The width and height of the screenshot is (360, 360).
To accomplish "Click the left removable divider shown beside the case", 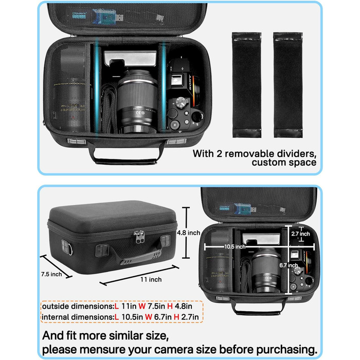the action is pos(246,85).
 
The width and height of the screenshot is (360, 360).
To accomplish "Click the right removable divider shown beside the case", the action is pos(288,85).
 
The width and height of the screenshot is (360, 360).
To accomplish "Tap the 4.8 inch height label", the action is pos(189,233).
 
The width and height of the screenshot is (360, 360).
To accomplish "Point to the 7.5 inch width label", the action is pos(51,274).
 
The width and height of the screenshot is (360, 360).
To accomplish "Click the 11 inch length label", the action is pos(151,279).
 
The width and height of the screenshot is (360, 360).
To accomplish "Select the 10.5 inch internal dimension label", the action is pos(235,247).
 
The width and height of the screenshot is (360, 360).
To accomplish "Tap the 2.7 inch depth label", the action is pos(300,233).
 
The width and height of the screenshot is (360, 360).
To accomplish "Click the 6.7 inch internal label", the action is pos(289,265).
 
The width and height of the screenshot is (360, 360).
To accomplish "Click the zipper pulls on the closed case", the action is pos(139,237).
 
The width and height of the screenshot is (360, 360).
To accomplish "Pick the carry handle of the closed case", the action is pos(140,256).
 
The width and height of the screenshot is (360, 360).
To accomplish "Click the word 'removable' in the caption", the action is pos(248,154).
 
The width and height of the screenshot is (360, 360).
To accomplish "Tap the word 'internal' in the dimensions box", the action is pos(56,317).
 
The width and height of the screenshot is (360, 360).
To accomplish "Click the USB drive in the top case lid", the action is pos(107,16).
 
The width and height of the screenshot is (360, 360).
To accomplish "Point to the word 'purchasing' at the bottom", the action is pos(286,350).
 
